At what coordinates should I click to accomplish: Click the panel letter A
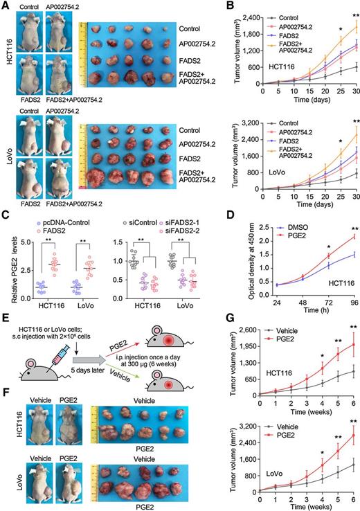[x=6, y=6]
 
